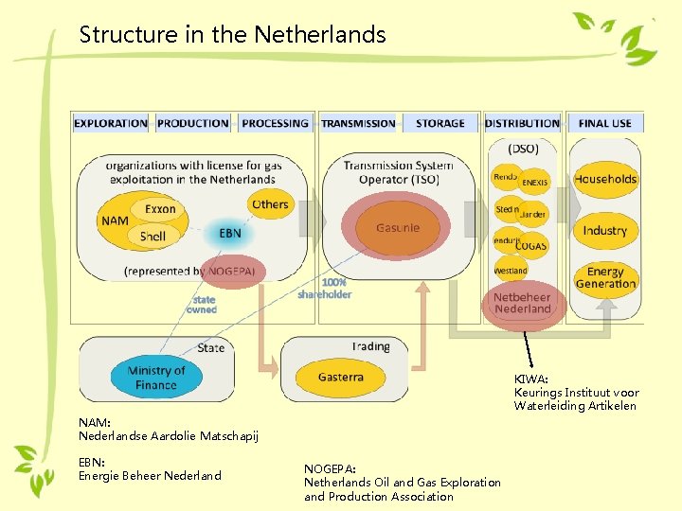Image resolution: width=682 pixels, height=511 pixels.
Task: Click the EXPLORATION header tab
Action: pos(111,123)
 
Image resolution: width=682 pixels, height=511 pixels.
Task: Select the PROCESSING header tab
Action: pos(275,123)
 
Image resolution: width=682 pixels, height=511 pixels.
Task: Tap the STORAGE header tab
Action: pos(440,123)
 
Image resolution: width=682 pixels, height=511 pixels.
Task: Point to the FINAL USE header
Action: pos(604,123)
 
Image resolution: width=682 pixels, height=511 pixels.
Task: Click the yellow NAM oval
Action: pos(113,221)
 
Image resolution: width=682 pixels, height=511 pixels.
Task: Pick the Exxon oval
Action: pos(160,208)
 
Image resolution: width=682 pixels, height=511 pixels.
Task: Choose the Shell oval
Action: pos(153,236)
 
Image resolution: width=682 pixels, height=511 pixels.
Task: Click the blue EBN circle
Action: pos(230,233)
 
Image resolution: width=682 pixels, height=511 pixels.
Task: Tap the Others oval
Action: pos(270,204)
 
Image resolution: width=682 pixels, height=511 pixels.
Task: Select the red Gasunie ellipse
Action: pos(397,228)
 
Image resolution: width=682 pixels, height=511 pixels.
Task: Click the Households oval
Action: pos(605,179)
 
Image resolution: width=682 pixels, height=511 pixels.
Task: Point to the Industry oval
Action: pos(605,230)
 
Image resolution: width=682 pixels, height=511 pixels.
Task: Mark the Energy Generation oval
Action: pos(605,277)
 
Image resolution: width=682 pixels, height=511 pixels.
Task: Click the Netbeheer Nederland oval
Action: pos(522,303)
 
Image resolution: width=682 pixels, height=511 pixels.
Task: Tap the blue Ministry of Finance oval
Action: pos(155,378)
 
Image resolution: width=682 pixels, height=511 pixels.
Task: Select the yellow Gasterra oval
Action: pos(341,377)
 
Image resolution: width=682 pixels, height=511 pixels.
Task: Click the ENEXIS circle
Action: pos(535,182)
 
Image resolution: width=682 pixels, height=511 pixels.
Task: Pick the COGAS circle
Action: pos(532,245)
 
